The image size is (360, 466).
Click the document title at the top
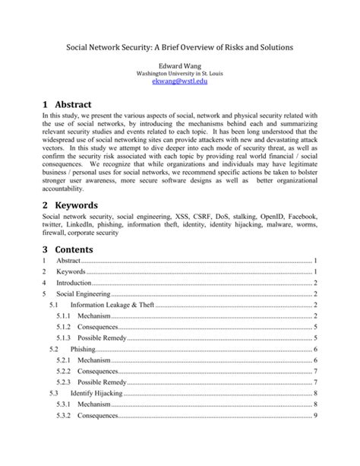[179, 46]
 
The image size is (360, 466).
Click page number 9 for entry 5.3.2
[314, 416]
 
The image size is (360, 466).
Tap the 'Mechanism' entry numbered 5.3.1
[93, 404]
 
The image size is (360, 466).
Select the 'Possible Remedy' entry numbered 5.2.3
[101, 382]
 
